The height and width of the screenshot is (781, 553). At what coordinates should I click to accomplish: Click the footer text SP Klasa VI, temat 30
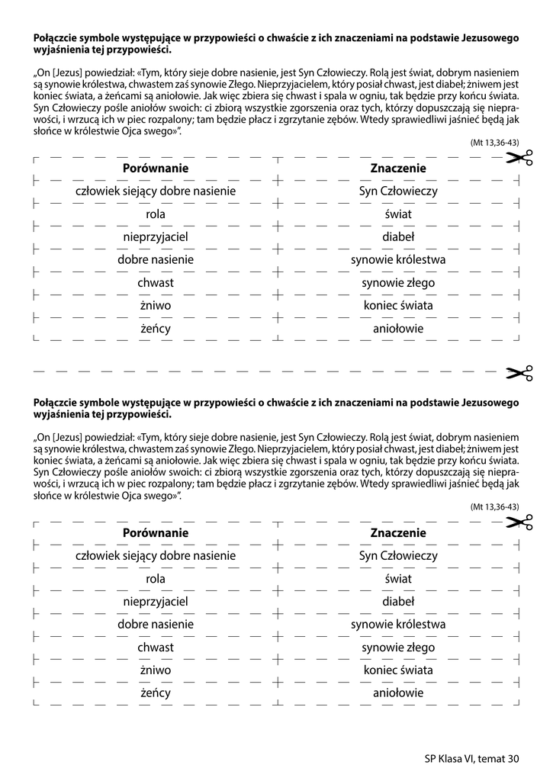click(471, 758)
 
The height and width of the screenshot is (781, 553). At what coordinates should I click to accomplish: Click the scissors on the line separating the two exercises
click(519, 373)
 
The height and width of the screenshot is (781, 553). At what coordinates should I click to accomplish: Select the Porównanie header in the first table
click(156, 168)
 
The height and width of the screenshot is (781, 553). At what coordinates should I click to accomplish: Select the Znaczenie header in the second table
click(398, 532)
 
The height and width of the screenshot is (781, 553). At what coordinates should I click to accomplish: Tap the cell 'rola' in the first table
click(156, 214)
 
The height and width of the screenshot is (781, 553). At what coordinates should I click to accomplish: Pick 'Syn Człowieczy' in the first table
click(398, 191)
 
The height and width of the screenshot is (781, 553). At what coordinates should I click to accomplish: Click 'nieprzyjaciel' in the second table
click(156, 602)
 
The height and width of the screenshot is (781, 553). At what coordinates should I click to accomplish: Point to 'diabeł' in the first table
click(398, 237)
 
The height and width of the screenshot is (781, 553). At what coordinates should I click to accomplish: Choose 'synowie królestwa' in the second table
click(398, 625)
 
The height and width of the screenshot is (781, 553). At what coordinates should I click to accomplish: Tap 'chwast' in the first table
click(156, 283)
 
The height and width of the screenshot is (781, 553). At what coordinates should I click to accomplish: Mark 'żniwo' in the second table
click(156, 670)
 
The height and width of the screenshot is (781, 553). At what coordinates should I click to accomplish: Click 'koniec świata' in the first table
click(398, 306)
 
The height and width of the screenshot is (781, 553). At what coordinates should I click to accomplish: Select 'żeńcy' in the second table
click(156, 693)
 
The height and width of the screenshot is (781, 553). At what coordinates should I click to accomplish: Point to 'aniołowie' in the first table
click(398, 329)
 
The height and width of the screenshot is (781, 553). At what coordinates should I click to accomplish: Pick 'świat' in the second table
click(398, 579)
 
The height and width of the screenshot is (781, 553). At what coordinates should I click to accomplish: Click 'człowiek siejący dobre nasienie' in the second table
click(156, 555)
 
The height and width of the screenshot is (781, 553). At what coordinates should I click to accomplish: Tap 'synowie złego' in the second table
click(398, 648)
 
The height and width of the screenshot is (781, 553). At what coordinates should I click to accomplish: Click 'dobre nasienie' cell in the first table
click(156, 260)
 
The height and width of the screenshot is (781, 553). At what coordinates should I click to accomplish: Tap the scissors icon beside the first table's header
click(519, 158)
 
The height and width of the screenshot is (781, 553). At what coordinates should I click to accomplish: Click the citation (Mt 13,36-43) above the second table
click(494, 506)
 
